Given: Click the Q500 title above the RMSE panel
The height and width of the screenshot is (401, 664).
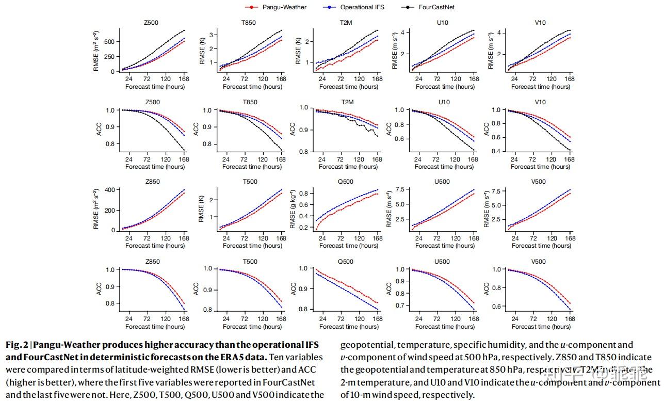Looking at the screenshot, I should [x=346, y=182].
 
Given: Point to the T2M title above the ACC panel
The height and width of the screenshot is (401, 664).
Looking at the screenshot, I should [x=346, y=102].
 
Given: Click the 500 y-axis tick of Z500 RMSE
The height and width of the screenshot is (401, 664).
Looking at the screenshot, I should [x=109, y=41].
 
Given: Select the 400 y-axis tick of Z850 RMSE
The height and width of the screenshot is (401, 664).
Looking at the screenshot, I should [x=109, y=190].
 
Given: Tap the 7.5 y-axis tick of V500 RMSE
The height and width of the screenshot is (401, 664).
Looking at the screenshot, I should [x=496, y=191].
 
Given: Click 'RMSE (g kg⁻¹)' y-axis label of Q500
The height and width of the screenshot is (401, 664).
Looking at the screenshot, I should [x=292, y=208].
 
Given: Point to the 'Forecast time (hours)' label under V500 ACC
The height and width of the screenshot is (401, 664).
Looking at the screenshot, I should [x=541, y=326].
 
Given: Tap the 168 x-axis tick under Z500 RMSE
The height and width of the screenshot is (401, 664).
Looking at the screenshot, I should [x=184, y=79].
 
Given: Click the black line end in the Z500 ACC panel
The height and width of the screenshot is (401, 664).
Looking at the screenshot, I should [x=184, y=150].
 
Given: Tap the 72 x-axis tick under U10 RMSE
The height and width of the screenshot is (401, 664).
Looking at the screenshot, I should [x=437, y=79].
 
